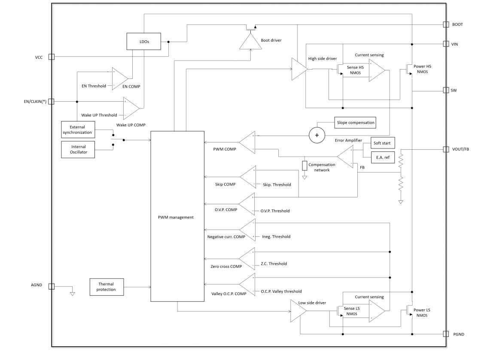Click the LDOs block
pyautogui.click(x=143, y=41)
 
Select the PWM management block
pyautogui.click(x=177, y=216)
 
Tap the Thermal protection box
pyautogui.click(x=106, y=287)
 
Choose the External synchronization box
pyautogui.click(x=78, y=130)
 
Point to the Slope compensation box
pyautogui.click(x=355, y=122)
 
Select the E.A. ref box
pyautogui.click(x=379, y=157)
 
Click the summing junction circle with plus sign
pyautogui.click(x=317, y=135)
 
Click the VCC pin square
pyautogui.click(x=52, y=57)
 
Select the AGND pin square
pyautogui.click(x=52, y=286)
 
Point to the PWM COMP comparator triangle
pyautogui.click(x=248, y=142)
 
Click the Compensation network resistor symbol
pyautogui.click(x=304, y=166)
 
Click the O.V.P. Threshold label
pyautogui.click(x=275, y=211)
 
